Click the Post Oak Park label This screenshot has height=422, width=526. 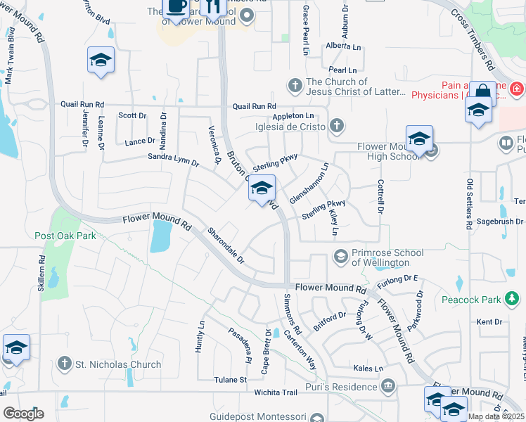pyautogui.click(x=65, y=236)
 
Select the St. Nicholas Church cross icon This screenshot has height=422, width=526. pyautogui.click(x=64, y=364)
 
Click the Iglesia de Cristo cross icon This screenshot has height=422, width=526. pyautogui.click(x=337, y=127)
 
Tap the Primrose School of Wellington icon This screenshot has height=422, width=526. pyautogui.click(x=341, y=256)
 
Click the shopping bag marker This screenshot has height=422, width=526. pyautogui.click(x=483, y=92)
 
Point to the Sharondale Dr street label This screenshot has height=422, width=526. pyautogui.click(x=225, y=245)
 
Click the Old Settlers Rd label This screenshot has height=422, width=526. pyautogui.click(x=468, y=205)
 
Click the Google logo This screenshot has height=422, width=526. pyautogui.click(x=23, y=413)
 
